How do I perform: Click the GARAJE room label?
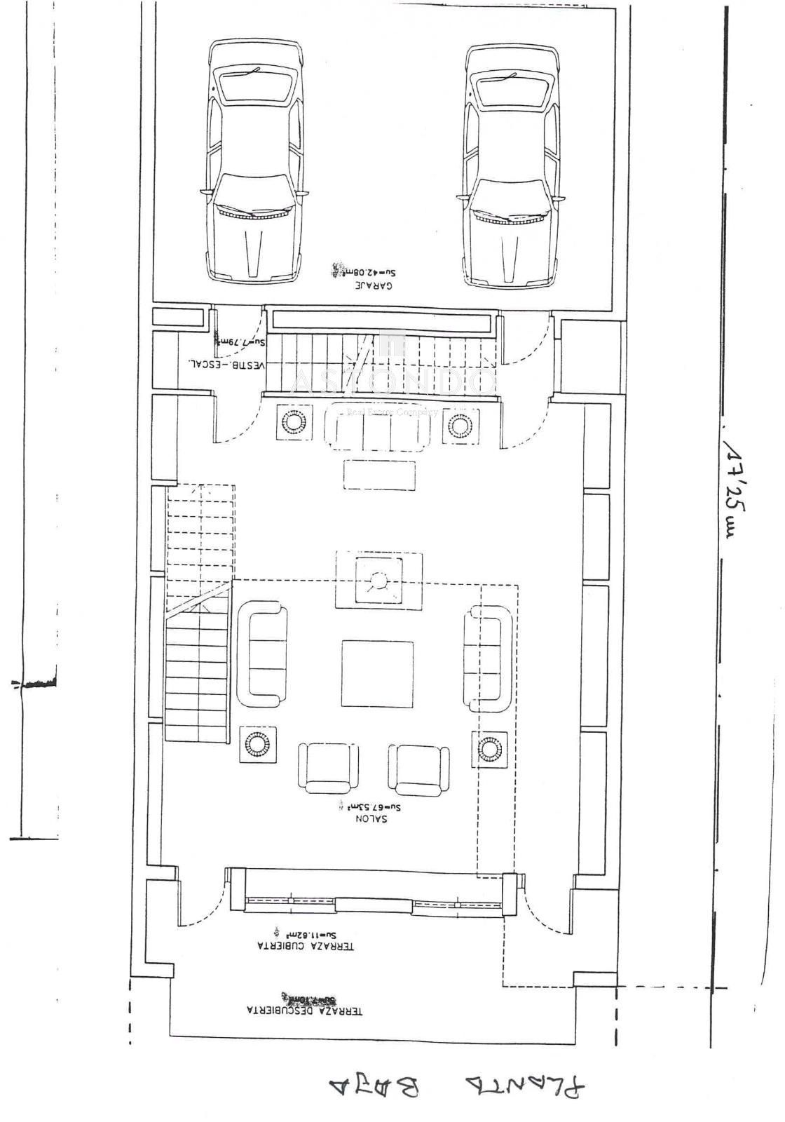(x=372, y=285)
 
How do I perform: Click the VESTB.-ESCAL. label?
(x=225, y=364)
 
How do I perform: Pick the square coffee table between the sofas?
(x=377, y=673)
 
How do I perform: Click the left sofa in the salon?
(x=263, y=654)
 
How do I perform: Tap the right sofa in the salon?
(x=486, y=658)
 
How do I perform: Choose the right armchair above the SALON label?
(x=418, y=767)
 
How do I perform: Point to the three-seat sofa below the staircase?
(x=377, y=428)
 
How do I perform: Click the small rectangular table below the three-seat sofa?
(x=379, y=475)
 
